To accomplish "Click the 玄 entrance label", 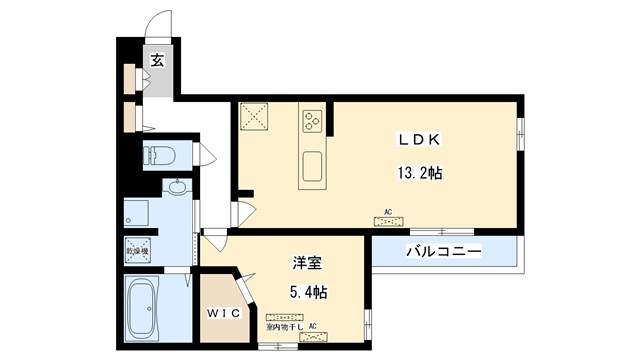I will (158, 61).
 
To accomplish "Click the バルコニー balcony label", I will (443, 251).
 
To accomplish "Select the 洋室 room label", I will (306, 263).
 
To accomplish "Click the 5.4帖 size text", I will (306, 293).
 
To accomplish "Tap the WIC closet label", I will (224, 313).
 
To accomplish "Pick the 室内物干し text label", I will (285, 327).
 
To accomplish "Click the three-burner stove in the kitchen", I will (311, 121).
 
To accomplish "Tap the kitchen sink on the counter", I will (311, 165).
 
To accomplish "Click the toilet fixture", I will (161, 155).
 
